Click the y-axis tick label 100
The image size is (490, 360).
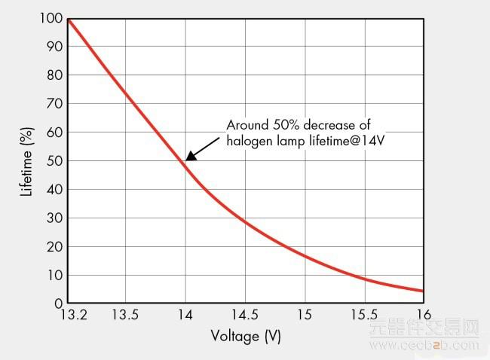50,17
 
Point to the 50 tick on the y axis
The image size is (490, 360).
54,160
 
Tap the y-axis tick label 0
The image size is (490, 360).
58,304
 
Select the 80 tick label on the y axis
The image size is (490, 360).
54,75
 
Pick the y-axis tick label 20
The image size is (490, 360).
54,246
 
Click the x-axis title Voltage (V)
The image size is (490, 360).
246,337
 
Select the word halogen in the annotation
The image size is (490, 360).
250,140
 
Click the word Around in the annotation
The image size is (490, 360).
246,125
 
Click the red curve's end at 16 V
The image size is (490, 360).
423,291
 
